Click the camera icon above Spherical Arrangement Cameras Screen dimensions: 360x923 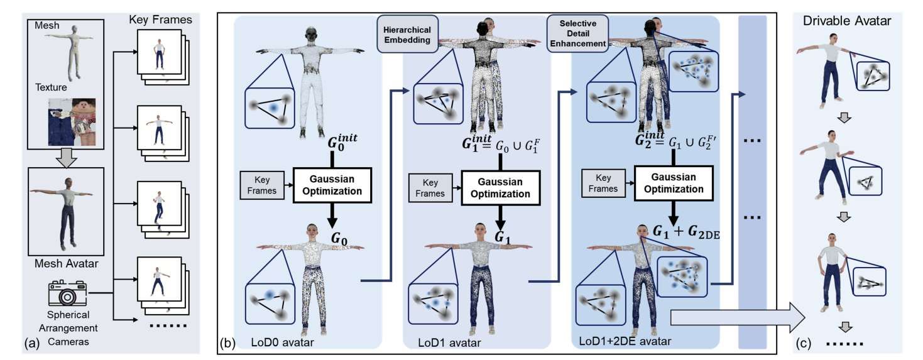click(67, 293)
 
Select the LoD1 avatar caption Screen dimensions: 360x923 click(449, 343)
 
